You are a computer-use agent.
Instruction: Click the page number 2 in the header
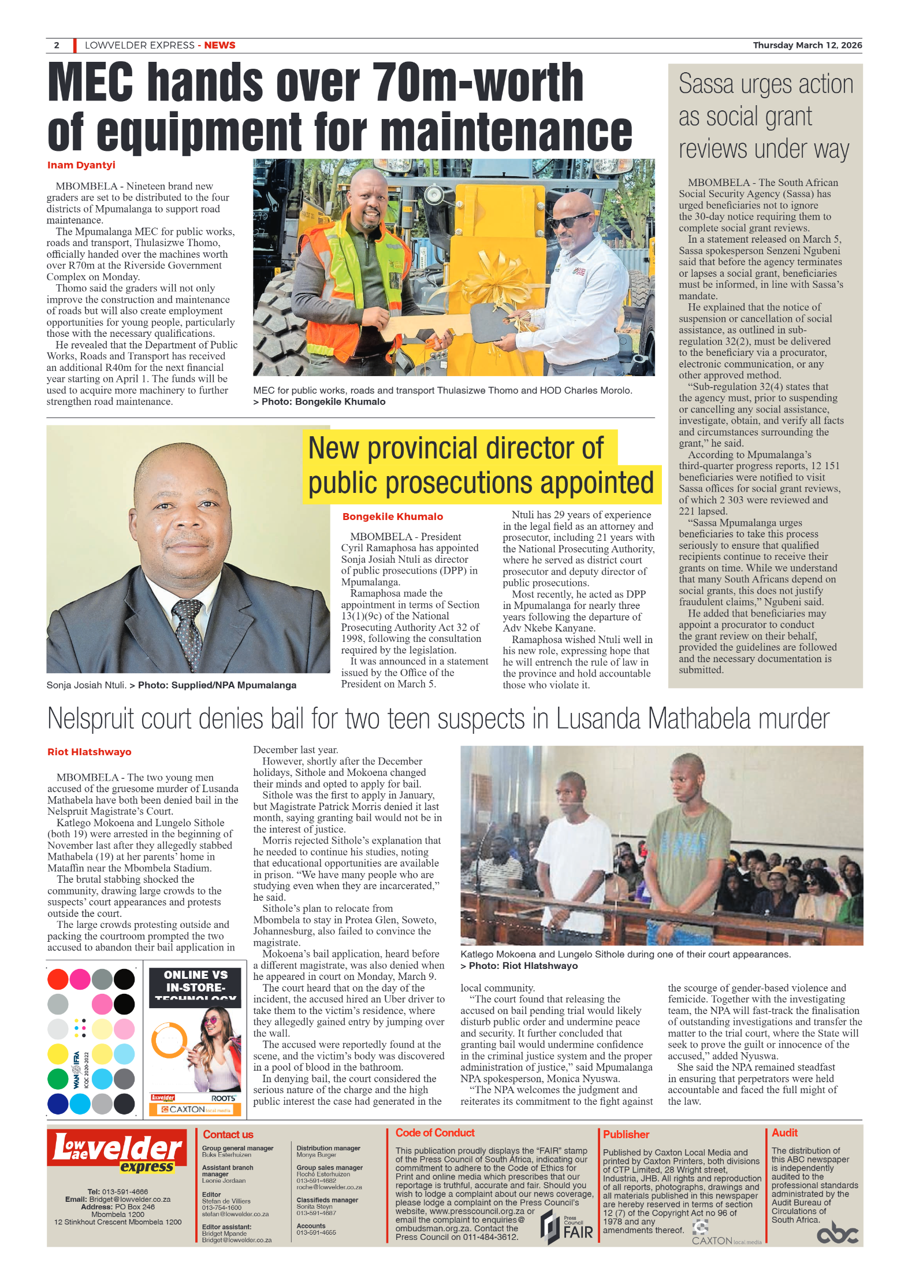coord(57,45)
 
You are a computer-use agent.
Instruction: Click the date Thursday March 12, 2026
coord(807,45)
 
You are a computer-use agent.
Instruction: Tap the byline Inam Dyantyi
coord(81,165)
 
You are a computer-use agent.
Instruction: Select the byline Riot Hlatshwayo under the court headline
coord(90,752)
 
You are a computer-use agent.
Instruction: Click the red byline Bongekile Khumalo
coord(393,517)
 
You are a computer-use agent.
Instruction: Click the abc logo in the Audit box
coord(837,1233)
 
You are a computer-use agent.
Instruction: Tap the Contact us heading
coord(228,1135)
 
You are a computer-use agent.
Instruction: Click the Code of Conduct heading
coord(435,1133)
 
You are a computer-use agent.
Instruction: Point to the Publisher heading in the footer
coord(626,1135)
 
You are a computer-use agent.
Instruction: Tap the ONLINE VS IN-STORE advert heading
coord(195,982)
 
